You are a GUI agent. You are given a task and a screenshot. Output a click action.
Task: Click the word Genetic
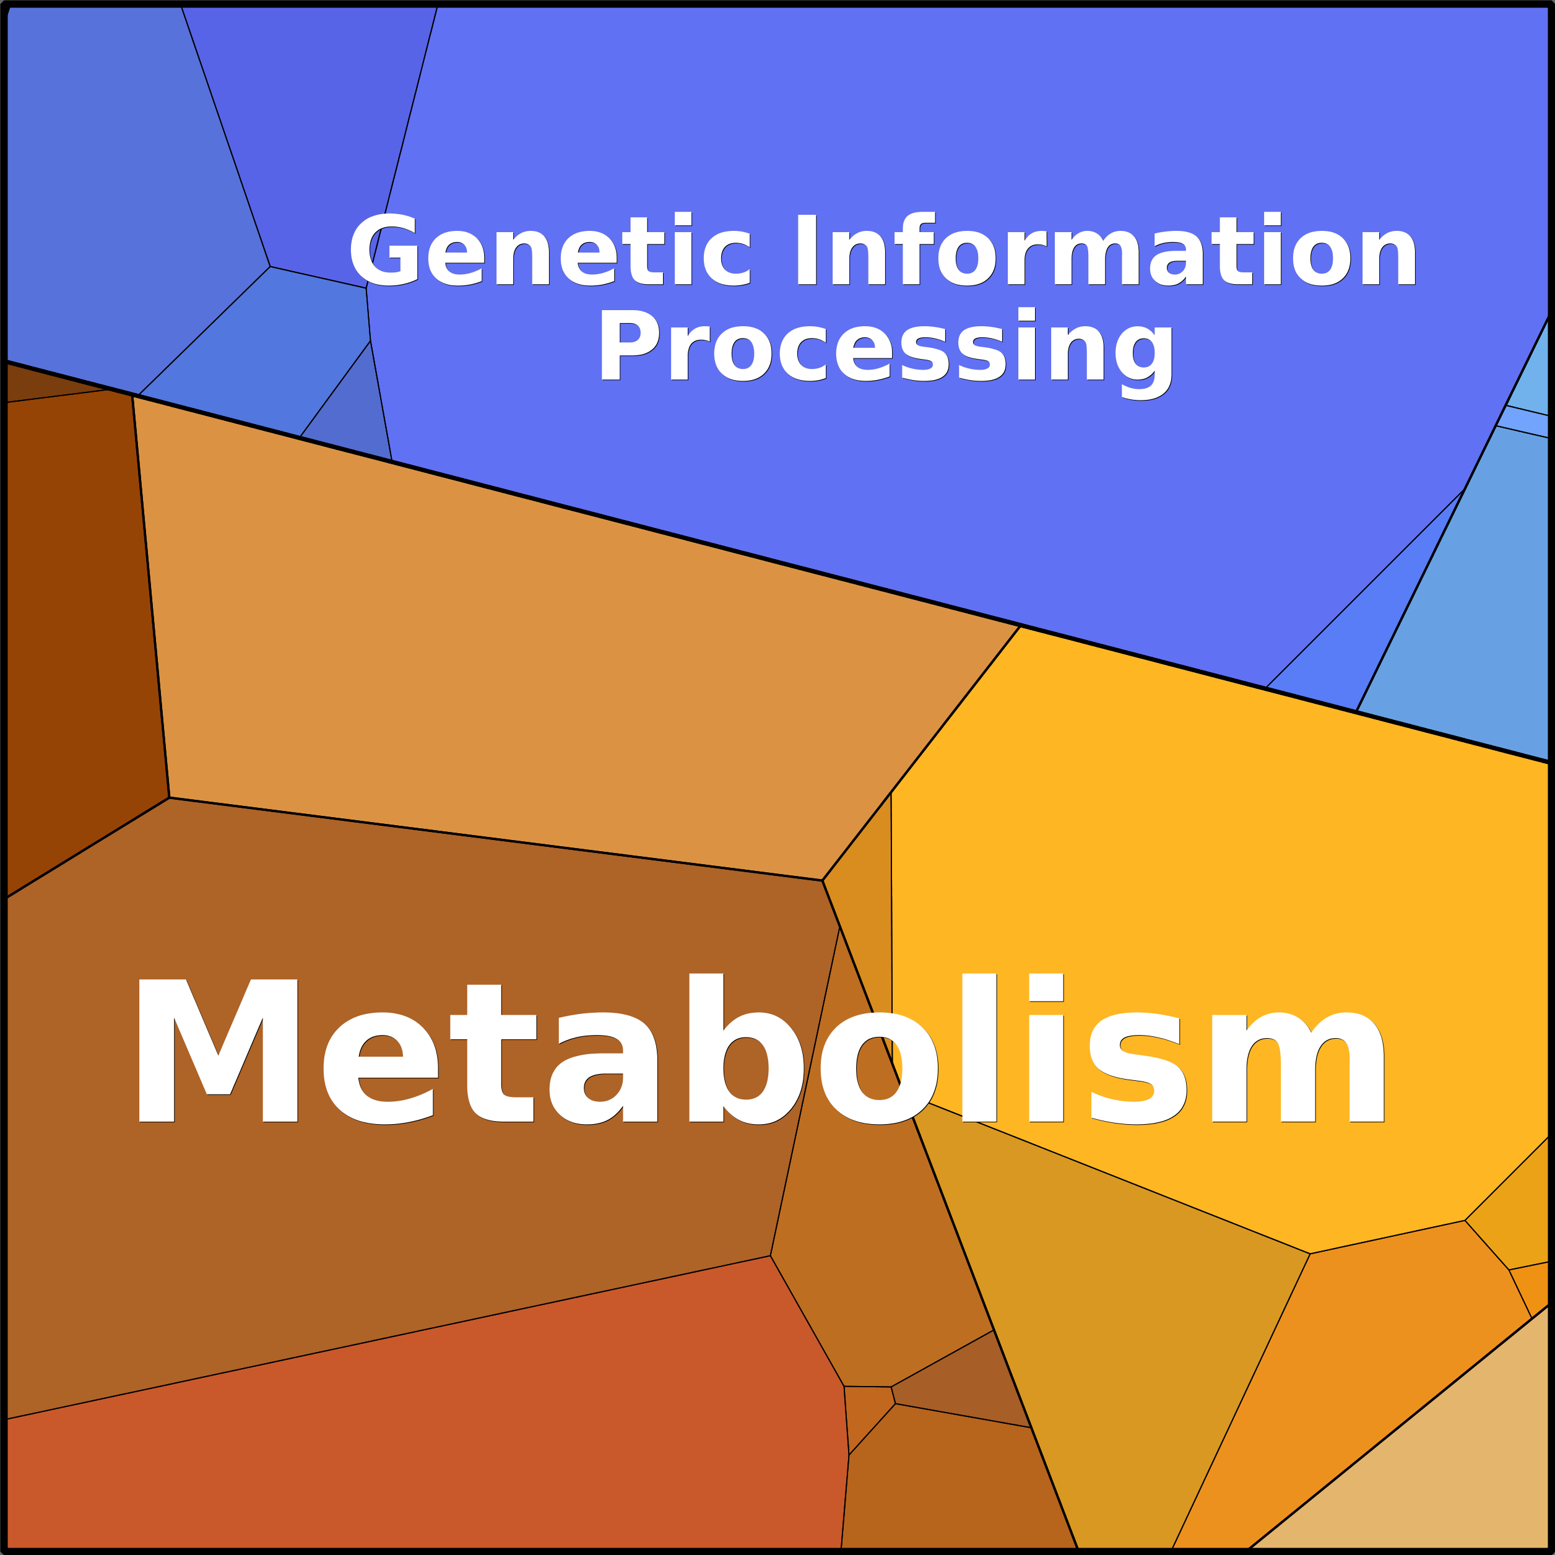(550, 250)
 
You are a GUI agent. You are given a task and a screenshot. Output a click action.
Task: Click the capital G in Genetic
(384, 250)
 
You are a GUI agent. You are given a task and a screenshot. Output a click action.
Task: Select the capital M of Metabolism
(218, 1051)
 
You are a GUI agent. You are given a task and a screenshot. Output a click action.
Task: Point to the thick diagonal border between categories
(777, 562)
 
